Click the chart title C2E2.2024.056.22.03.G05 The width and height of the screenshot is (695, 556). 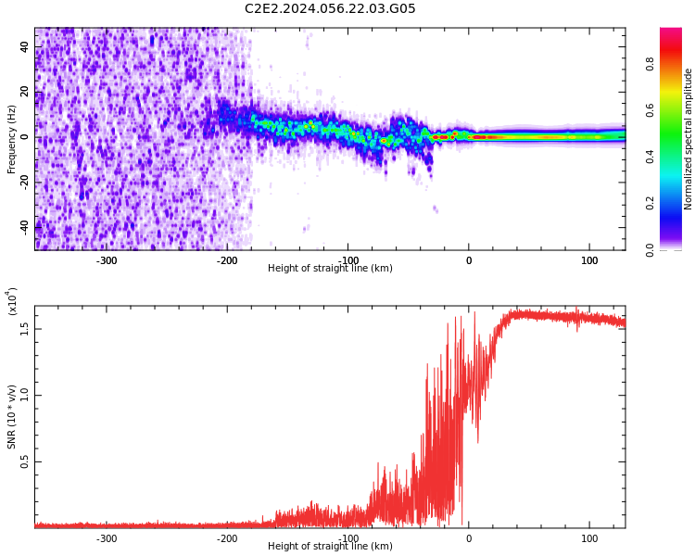point(330,9)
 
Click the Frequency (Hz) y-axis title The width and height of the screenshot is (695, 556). point(12,139)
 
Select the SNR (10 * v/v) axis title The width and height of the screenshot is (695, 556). point(12,403)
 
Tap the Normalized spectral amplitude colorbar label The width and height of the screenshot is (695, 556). point(689,139)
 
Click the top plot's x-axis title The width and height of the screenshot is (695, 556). point(330,269)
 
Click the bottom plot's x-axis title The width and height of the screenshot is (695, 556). point(330,547)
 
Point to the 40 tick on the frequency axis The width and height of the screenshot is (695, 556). point(25,47)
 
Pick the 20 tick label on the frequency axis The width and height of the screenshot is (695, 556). point(25,92)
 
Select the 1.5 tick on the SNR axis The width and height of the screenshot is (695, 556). point(25,326)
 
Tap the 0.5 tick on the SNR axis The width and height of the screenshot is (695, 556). point(25,461)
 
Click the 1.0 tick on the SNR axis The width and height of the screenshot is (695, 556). point(25,394)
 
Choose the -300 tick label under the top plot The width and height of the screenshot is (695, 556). point(107,259)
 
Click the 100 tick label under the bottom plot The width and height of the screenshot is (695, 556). point(589,537)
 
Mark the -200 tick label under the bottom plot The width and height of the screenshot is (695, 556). point(227,537)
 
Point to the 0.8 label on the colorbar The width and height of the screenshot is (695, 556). point(651,64)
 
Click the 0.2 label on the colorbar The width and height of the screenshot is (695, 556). point(651,203)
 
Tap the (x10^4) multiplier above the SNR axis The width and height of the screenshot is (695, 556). point(12,301)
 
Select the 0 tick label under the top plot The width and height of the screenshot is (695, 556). point(469,259)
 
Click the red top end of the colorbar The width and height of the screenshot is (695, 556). point(671,33)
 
